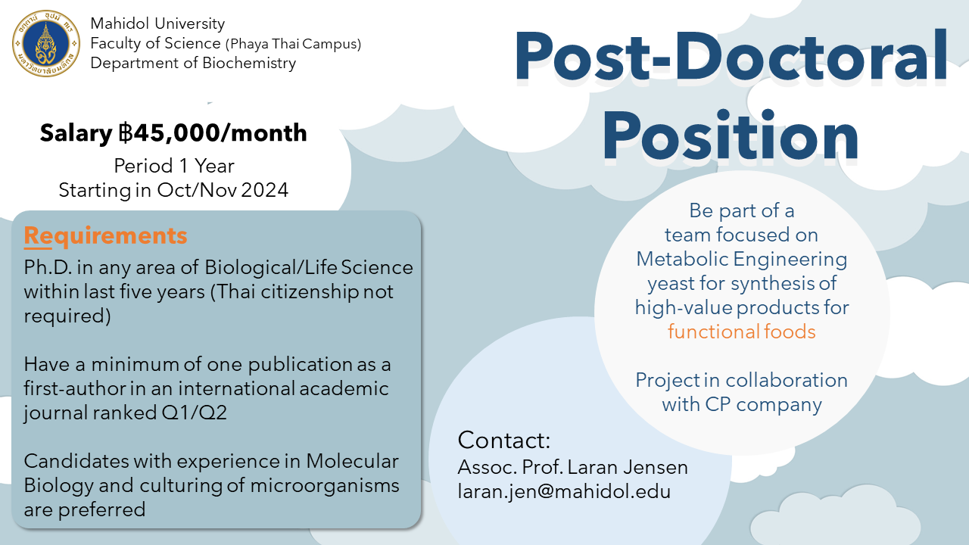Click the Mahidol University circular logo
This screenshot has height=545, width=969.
[x=46, y=44]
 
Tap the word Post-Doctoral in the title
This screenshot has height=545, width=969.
[x=731, y=56]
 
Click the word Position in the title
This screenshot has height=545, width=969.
[x=731, y=135]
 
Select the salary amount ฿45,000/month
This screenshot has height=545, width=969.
[x=213, y=132]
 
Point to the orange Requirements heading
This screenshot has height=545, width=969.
[x=105, y=236]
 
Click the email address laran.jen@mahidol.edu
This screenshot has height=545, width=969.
[x=564, y=492]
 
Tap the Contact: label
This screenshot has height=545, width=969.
[x=504, y=440]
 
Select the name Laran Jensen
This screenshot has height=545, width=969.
[x=628, y=467]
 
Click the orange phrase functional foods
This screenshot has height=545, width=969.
[x=741, y=332]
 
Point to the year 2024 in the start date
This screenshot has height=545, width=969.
[x=265, y=190]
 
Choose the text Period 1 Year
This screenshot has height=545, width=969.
[x=174, y=166]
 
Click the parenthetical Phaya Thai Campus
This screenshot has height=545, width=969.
[x=293, y=44]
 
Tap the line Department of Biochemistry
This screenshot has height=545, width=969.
[x=193, y=63]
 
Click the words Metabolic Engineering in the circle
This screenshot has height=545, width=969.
[x=741, y=260]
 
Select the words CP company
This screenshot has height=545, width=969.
[x=764, y=405]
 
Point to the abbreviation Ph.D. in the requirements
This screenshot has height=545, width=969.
[x=48, y=267]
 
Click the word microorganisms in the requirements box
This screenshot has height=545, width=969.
[x=325, y=485]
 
